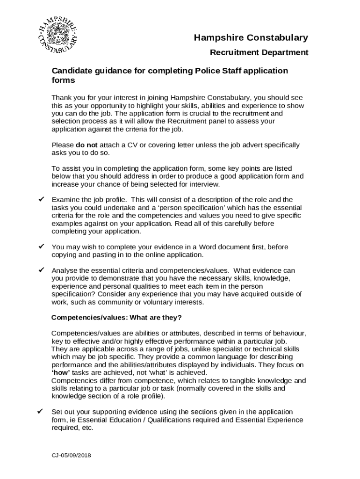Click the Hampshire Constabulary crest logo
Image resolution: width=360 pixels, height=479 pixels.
click(58, 36)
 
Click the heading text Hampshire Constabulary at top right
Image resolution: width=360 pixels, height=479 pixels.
click(251, 38)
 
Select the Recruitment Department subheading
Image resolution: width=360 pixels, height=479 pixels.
click(259, 52)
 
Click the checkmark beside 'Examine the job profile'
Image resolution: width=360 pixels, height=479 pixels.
click(41, 200)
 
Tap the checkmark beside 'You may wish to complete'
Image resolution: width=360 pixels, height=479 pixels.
click(41, 247)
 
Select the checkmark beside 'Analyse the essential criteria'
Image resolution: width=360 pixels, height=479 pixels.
click(41, 270)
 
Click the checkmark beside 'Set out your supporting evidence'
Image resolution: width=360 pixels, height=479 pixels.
click(41, 412)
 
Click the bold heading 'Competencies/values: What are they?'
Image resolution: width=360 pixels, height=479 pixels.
click(116, 318)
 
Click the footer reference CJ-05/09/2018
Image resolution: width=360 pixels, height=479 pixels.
click(72, 455)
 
